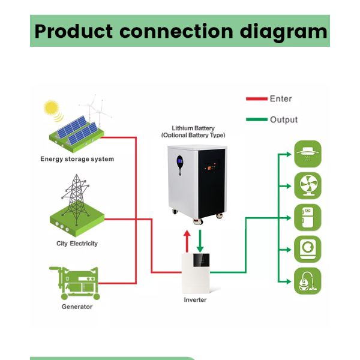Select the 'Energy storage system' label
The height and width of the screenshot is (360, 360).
pos(77,159)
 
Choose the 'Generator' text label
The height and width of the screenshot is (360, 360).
pos(77,307)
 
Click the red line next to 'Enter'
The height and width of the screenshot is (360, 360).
pos(256,98)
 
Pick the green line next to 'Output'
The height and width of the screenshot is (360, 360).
pos(256,119)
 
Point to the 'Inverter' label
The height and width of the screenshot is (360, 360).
pos(194,299)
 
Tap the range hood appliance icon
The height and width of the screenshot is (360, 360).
pos(307,154)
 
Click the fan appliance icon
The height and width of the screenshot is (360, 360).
pos(307,185)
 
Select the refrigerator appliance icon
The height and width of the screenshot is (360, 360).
pos(307,217)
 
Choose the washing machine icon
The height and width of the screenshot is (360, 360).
pos(307,249)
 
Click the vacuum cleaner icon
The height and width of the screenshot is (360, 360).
pos(307,281)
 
